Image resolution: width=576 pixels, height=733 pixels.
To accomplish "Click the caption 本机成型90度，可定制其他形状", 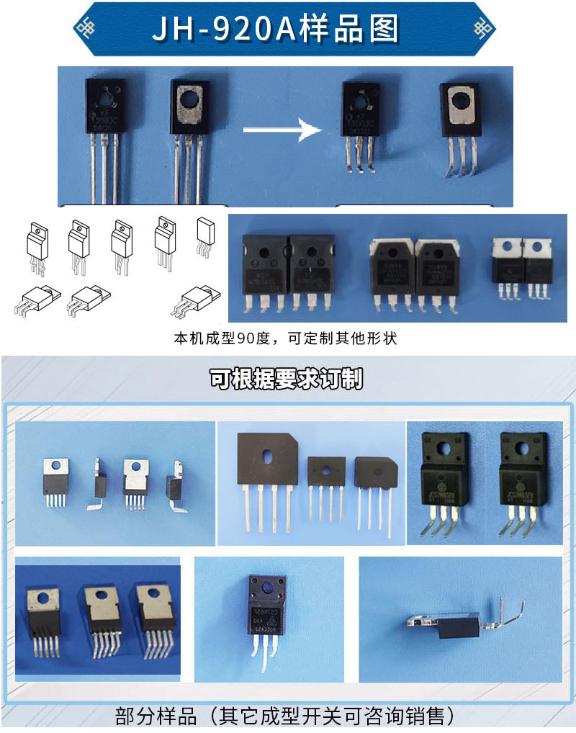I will click(286, 338).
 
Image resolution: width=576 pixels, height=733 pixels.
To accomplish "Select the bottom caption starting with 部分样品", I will click(286, 716).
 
